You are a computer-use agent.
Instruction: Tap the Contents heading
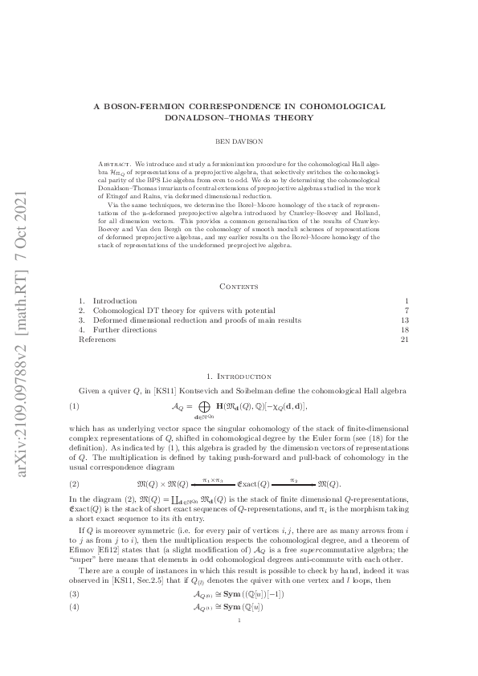tap(239, 286)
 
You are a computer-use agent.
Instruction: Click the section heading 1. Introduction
tap(239, 375)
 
